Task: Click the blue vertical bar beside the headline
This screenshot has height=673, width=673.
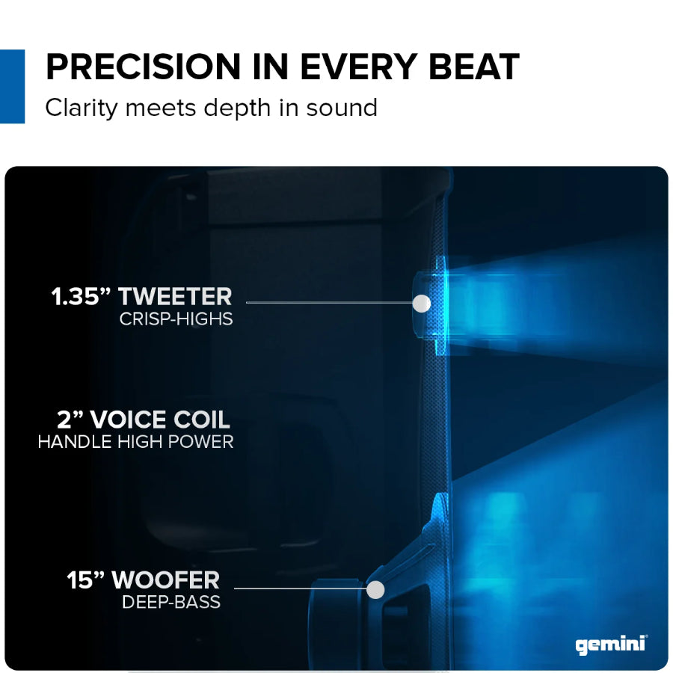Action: (12, 86)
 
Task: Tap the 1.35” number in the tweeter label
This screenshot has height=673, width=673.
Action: (81, 296)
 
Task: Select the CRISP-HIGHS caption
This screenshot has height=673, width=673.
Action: (176, 319)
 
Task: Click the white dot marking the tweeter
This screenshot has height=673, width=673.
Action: (422, 303)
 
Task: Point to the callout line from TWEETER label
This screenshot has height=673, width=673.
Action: (329, 303)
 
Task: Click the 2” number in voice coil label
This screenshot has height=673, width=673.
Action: (71, 419)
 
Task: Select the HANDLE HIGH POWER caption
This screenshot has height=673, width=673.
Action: (135, 442)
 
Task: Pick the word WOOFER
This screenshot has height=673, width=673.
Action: (165, 580)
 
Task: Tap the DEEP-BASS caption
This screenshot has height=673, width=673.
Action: (171, 602)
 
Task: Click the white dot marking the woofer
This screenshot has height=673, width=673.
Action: (375, 590)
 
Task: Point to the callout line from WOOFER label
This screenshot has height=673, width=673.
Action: (299, 589)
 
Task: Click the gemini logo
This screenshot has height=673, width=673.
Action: (610, 645)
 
